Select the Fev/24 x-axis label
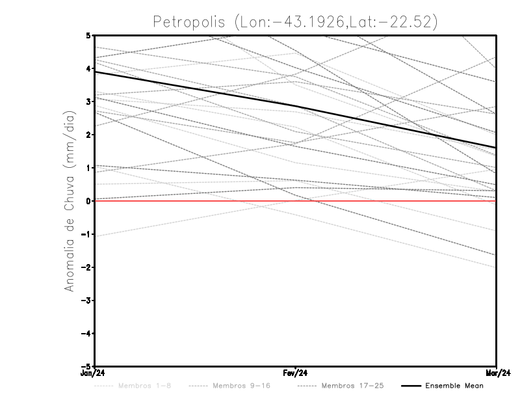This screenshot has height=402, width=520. [x=296, y=373]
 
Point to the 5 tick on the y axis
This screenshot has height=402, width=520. [x=88, y=35]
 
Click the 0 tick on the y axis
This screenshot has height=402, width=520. [x=88, y=201]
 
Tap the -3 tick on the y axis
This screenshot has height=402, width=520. [x=86, y=301]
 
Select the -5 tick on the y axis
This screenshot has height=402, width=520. [x=86, y=367]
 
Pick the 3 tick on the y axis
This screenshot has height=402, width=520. [x=88, y=101]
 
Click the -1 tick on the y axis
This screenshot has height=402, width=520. [x=86, y=234]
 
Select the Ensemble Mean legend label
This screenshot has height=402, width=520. [x=454, y=386]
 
